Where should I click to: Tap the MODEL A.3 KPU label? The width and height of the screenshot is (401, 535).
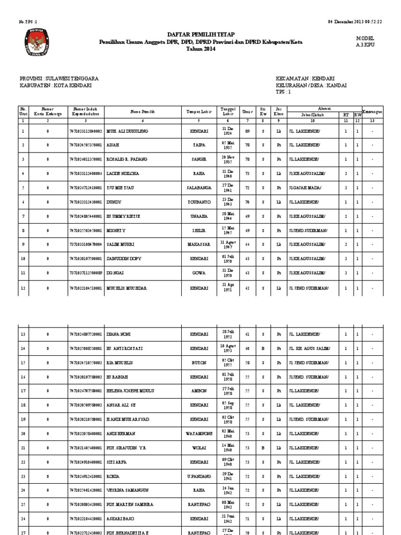coord(365,42)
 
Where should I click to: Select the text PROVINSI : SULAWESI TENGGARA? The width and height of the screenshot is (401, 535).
coord(59,78)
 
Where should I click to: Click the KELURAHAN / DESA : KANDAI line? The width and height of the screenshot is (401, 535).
coord(311,85)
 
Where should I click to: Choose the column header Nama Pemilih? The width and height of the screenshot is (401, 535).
coord(143,112)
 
